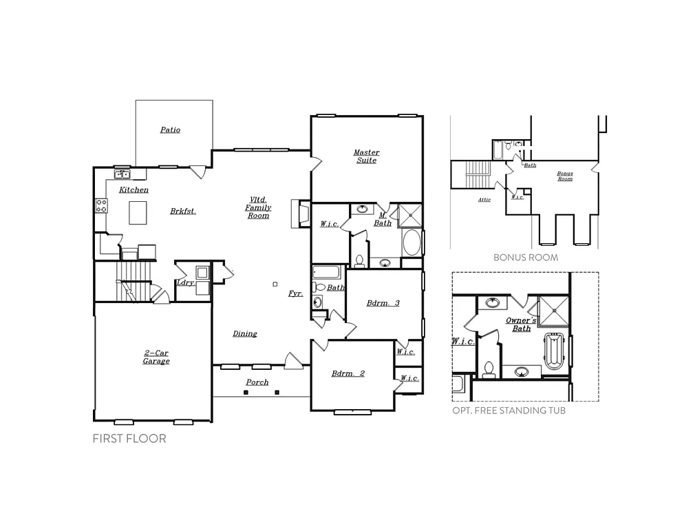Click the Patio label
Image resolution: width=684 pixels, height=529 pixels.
pos(170,129)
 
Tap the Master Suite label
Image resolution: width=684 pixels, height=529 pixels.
pos(366,156)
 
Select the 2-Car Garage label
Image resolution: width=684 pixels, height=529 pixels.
pos(156,357)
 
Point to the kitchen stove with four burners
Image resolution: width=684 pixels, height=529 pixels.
pos(100,205)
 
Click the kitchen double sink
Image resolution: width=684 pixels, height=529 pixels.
pos(122,175)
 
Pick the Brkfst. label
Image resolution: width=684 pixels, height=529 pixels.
pos(183,211)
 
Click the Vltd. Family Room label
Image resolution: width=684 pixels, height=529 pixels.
pos(259,207)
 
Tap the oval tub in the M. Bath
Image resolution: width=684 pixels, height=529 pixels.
pos(412,243)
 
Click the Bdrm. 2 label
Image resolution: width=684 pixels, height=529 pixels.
pos(348,373)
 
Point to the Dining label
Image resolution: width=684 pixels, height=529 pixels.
pos(244,333)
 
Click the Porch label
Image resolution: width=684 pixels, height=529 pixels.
pos(257,382)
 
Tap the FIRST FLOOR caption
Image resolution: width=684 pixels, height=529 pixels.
pos(129,439)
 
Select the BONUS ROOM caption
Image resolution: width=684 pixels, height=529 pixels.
pos(525,258)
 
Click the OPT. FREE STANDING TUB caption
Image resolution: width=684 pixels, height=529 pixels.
pos(509,411)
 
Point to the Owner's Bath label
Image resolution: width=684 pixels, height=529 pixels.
pos(521,324)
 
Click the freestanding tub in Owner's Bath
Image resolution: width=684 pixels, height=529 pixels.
pos(554,353)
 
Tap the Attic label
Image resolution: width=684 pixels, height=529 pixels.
pos(484,200)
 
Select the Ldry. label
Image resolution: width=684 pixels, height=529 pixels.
pos(184,283)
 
